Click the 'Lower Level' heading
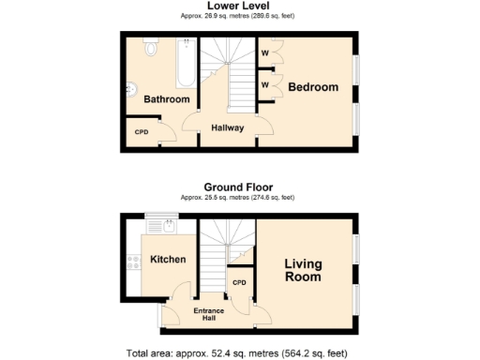pyautogui.click(x=239, y=6)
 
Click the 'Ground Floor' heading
pyautogui.click(x=239, y=187)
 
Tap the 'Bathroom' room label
pyautogui.click(x=166, y=99)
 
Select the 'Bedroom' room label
pyautogui.click(x=312, y=87)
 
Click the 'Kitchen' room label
pyautogui.click(x=168, y=260)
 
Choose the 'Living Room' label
pyautogui.click(x=303, y=271)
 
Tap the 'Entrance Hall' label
pyautogui.click(x=210, y=314)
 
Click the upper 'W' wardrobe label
pyautogui.click(x=265, y=53)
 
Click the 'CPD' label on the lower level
pyautogui.click(x=141, y=132)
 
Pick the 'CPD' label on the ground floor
pyautogui.click(x=238, y=282)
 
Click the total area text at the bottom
pyautogui.click(x=239, y=353)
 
